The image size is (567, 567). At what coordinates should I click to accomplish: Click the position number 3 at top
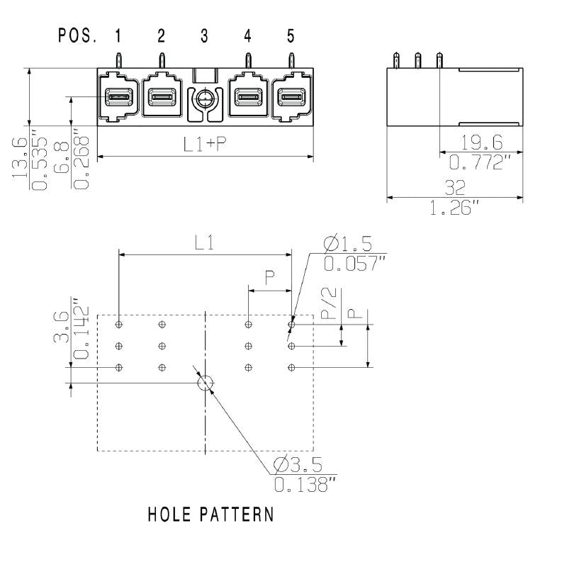coord(204,35)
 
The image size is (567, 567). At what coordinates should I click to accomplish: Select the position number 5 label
coord(290,35)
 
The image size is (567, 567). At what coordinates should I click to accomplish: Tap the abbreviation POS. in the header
coord(77,35)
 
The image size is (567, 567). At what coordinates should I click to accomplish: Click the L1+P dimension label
coord(205,144)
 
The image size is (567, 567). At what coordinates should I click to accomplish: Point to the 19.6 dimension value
coord(481,142)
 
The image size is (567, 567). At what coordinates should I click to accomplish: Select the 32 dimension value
coord(455,188)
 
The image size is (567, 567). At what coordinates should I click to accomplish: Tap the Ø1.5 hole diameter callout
coord(347,244)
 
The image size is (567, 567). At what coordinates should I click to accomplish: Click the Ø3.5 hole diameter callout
coord(298,465)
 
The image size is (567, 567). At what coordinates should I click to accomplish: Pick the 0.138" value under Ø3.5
coord(305,485)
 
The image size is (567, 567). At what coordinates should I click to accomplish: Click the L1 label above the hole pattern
coord(205,243)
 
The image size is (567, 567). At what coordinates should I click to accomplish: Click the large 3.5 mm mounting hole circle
coord(205,383)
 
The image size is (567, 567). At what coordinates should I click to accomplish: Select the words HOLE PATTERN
coord(210,514)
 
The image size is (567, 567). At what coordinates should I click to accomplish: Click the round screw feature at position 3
coord(205,99)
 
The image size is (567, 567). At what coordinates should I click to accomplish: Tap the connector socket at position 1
coord(118,97)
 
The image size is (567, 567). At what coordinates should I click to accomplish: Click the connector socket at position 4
coord(247,97)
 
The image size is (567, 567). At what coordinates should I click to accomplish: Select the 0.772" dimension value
coord(481,163)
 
